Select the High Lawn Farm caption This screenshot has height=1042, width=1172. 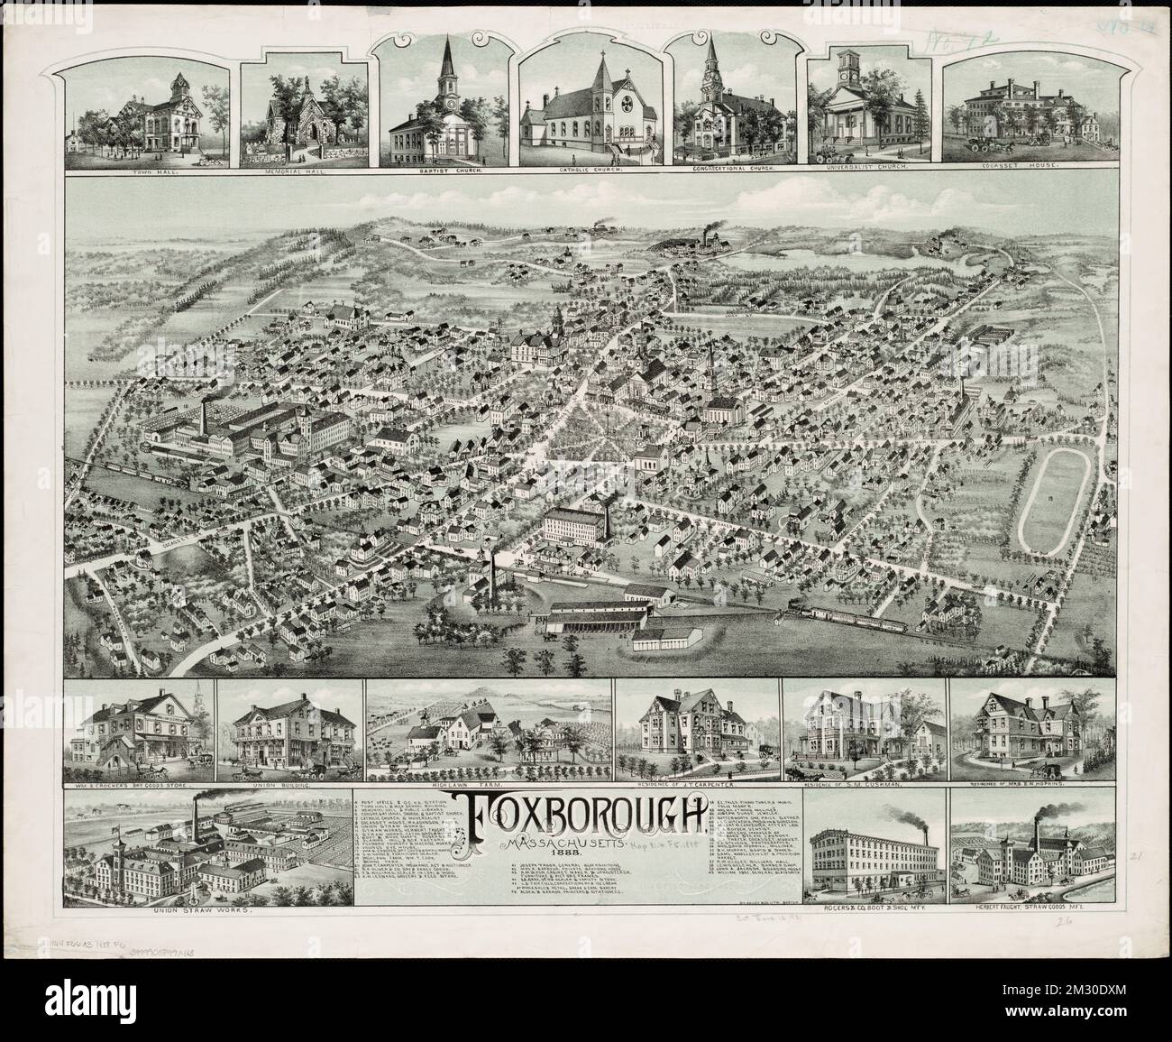(x=490, y=787)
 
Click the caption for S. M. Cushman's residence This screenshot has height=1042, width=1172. (x=865, y=787)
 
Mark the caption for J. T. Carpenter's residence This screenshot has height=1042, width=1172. (x=698, y=787)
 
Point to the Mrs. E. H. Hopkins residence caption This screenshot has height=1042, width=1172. (x=1021, y=787)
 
